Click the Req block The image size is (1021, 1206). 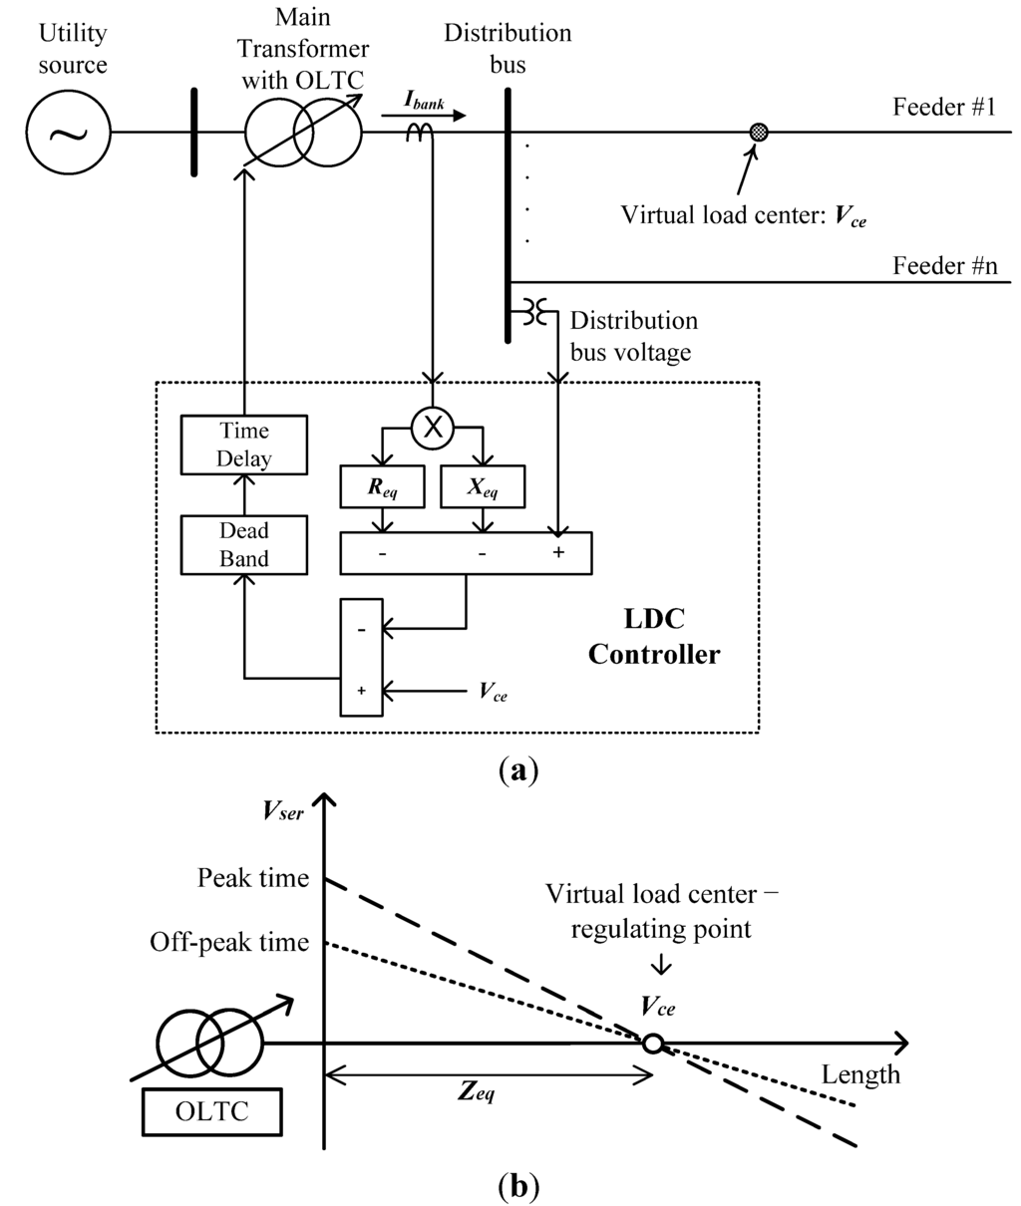(x=383, y=486)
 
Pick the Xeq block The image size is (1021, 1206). (x=483, y=486)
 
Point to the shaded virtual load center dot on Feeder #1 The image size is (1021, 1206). (x=759, y=132)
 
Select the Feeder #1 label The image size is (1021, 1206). (x=944, y=108)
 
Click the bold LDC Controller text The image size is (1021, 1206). (x=652, y=637)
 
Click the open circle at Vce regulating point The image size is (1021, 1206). (x=652, y=1043)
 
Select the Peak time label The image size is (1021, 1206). (x=253, y=879)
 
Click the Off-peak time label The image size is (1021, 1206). (x=229, y=942)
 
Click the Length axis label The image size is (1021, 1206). (x=860, y=1074)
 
